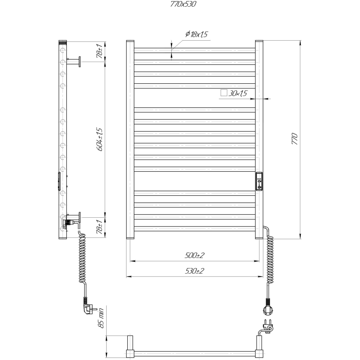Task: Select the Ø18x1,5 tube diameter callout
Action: [x=194, y=34]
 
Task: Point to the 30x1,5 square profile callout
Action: [x=238, y=93]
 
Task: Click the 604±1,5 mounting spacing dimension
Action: [x=100, y=139]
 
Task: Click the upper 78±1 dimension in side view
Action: [x=100, y=51]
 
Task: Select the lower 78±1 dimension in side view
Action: [x=100, y=226]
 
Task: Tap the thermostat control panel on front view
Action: [x=259, y=181]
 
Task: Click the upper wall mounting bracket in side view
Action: [x=74, y=61]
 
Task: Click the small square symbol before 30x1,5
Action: [x=224, y=93]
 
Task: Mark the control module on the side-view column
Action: [x=58, y=181]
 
